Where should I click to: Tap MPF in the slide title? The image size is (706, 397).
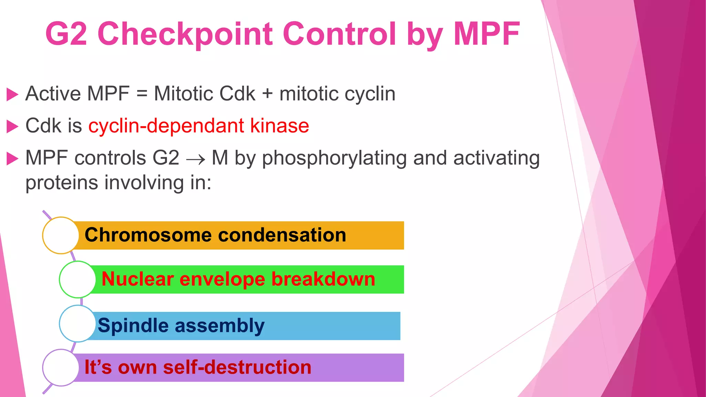486,34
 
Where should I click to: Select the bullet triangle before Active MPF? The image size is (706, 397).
12,94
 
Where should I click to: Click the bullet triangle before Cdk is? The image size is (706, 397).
12,126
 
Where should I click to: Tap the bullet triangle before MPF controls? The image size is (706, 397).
12,159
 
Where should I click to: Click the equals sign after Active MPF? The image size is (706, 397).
142,94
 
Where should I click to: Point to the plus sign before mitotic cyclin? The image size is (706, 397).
267,94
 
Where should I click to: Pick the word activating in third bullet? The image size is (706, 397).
496,159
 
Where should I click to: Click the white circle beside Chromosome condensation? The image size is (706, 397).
61,235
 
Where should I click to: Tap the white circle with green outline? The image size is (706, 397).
77,279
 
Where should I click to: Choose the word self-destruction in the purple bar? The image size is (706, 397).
237,367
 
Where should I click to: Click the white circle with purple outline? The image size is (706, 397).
61,367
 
